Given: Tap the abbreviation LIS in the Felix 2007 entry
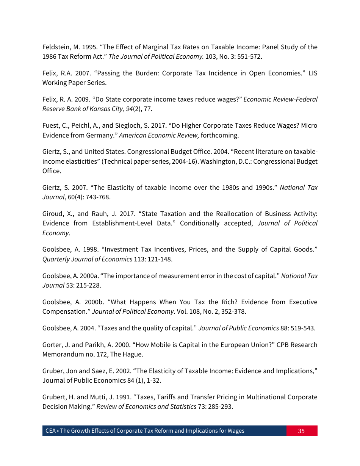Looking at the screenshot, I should [x=312, y=73].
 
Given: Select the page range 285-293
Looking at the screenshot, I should [x=219, y=407].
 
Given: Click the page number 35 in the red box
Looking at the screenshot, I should [x=301, y=431].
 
